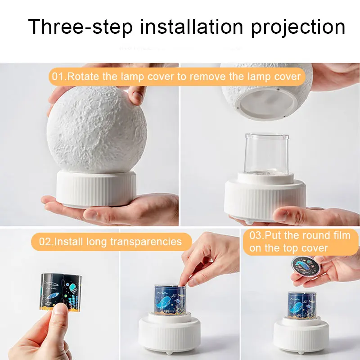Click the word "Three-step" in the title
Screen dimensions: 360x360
pos(81,27)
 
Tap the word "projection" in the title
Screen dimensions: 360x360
pos(298,27)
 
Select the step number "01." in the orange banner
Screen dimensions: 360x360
pos(59,76)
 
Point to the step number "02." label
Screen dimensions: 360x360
pos(46,242)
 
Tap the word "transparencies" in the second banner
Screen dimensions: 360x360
pos(146,242)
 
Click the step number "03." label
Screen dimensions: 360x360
pos(257,236)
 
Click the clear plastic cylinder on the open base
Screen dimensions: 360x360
pos(266,154)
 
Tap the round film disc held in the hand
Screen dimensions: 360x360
pos(306,266)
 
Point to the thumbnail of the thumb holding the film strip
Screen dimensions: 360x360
pos(60,309)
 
